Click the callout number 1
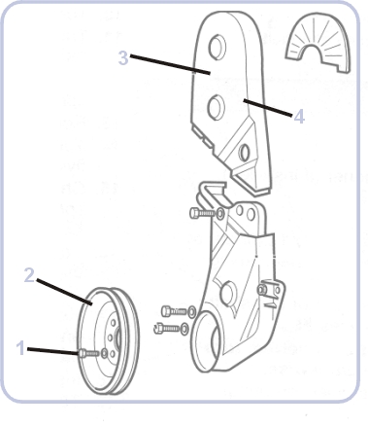pyautogui.click(x=21, y=348)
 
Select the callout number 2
pyautogui.click(x=29, y=275)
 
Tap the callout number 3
pyautogui.click(x=123, y=58)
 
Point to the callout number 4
pyautogui.click(x=299, y=116)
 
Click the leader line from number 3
pyautogui.click(x=170, y=64)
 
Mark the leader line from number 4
pyautogui.click(x=268, y=108)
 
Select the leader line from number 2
pyautogui.click(x=64, y=292)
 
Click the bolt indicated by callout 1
pyautogui.click(x=88, y=353)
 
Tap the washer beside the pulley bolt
pyautogui.click(x=104, y=353)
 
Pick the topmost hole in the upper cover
pyautogui.click(x=217, y=47)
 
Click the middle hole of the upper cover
pyautogui.click(x=216, y=107)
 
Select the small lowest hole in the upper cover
pyautogui.click(x=244, y=153)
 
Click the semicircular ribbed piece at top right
pyautogui.click(x=318, y=42)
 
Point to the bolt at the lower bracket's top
pyautogui.click(x=202, y=213)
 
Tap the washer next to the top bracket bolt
pyautogui.click(x=220, y=214)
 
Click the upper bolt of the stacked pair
pyautogui.click(x=174, y=311)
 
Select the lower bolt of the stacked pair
pyautogui.click(x=167, y=328)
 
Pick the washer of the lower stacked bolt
pyautogui.click(x=184, y=329)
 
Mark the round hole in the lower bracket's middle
pyautogui.click(x=227, y=294)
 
